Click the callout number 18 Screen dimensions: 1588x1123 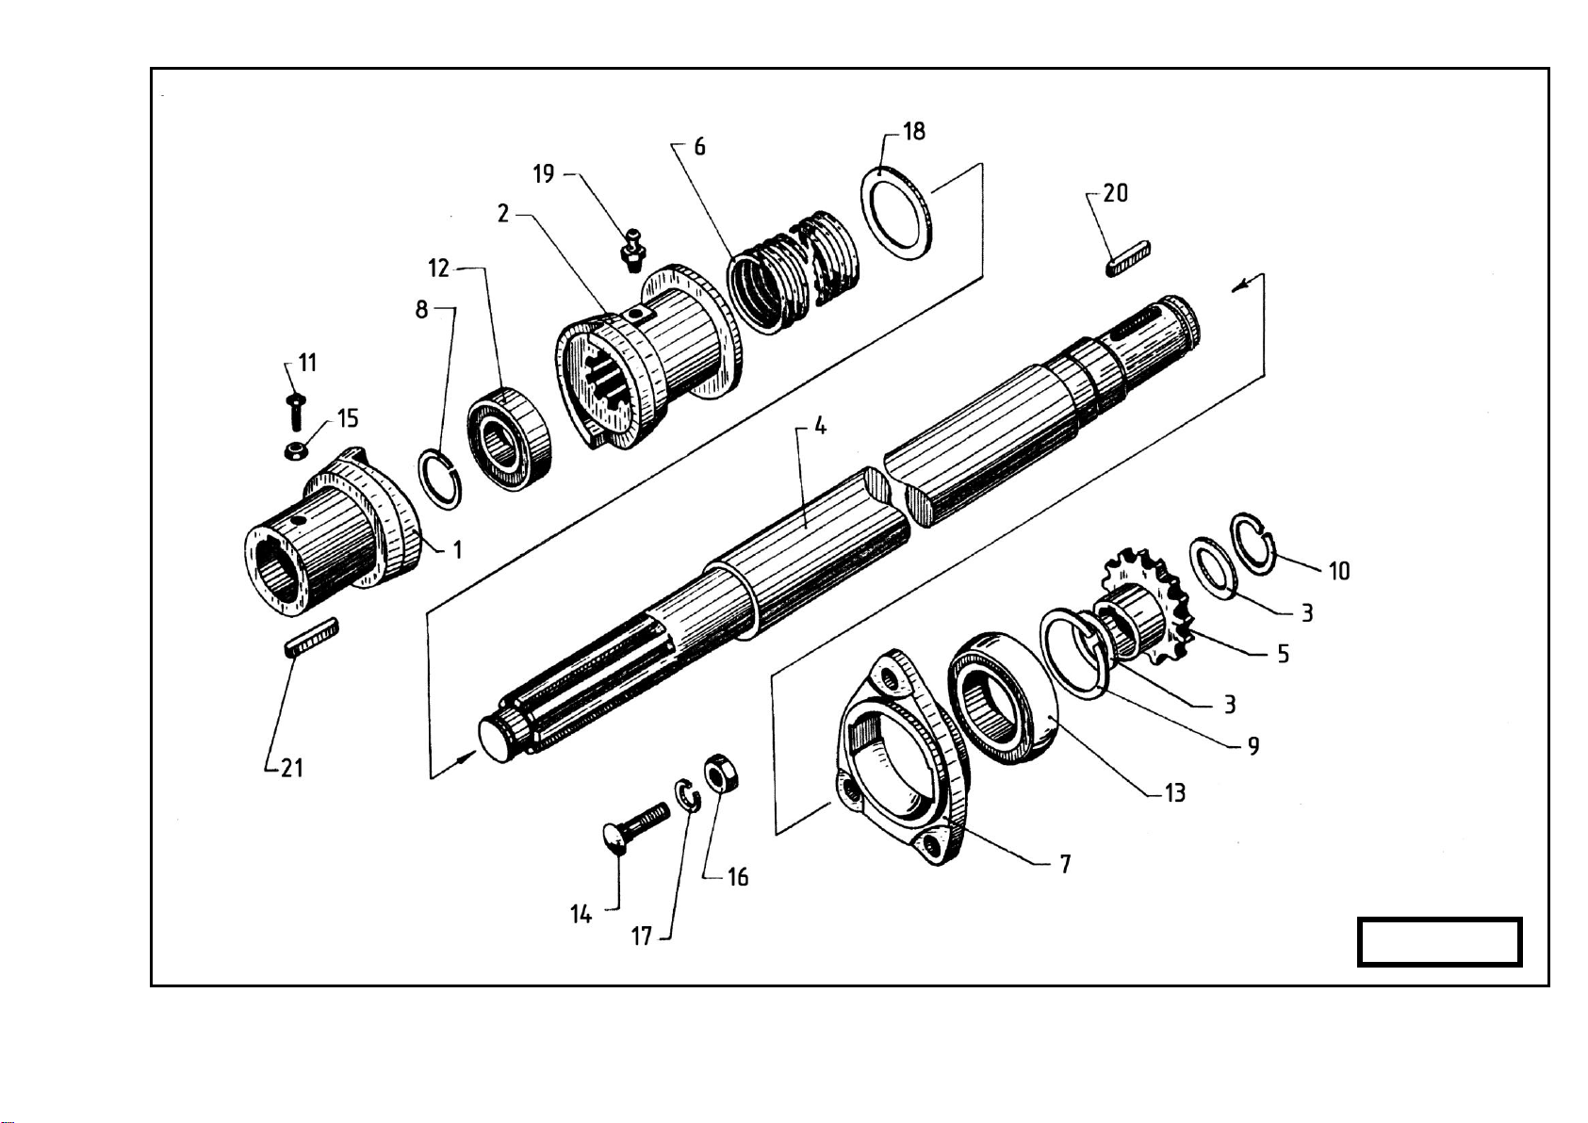(x=914, y=131)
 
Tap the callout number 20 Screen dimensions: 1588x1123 (x=1115, y=193)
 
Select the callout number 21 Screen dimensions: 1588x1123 (x=292, y=767)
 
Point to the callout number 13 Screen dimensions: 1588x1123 (x=1175, y=792)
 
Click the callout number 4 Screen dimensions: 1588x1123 (x=820, y=426)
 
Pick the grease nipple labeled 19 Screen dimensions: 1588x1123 (x=632, y=250)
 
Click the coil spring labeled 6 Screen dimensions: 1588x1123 (x=794, y=272)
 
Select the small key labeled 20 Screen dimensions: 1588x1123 (x=1128, y=259)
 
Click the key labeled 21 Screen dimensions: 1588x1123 (x=311, y=638)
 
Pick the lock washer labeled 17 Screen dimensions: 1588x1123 (x=687, y=795)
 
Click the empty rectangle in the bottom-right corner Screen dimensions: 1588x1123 (x=1440, y=942)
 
